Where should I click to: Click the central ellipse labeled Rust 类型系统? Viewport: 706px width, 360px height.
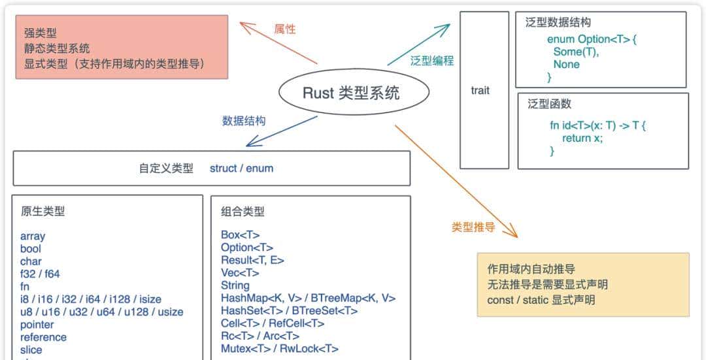354,93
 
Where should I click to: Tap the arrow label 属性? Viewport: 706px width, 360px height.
284,29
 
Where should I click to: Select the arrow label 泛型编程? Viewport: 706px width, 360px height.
431,61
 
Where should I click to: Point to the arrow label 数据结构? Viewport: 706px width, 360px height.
243,121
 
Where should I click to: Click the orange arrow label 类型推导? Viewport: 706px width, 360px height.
473,227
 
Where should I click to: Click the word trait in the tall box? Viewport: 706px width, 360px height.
480,91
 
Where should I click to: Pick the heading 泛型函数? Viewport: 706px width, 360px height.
549,104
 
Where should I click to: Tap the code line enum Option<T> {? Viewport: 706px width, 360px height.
592,39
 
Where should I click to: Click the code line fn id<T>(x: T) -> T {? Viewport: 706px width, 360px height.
597,125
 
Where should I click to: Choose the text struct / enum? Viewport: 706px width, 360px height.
241,169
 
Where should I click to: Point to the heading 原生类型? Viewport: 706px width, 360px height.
42,211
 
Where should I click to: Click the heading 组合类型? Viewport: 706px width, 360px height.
243,211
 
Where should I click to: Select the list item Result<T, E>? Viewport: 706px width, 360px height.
252,260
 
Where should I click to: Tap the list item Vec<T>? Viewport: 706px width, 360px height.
240,272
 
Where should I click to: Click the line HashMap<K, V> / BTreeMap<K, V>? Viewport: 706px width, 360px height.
308,298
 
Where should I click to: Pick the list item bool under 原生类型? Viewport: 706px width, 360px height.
31,249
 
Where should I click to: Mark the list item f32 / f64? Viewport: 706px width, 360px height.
40,274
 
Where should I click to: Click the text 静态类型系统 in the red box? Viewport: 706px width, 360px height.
57,48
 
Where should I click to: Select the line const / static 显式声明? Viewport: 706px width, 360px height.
541,300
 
